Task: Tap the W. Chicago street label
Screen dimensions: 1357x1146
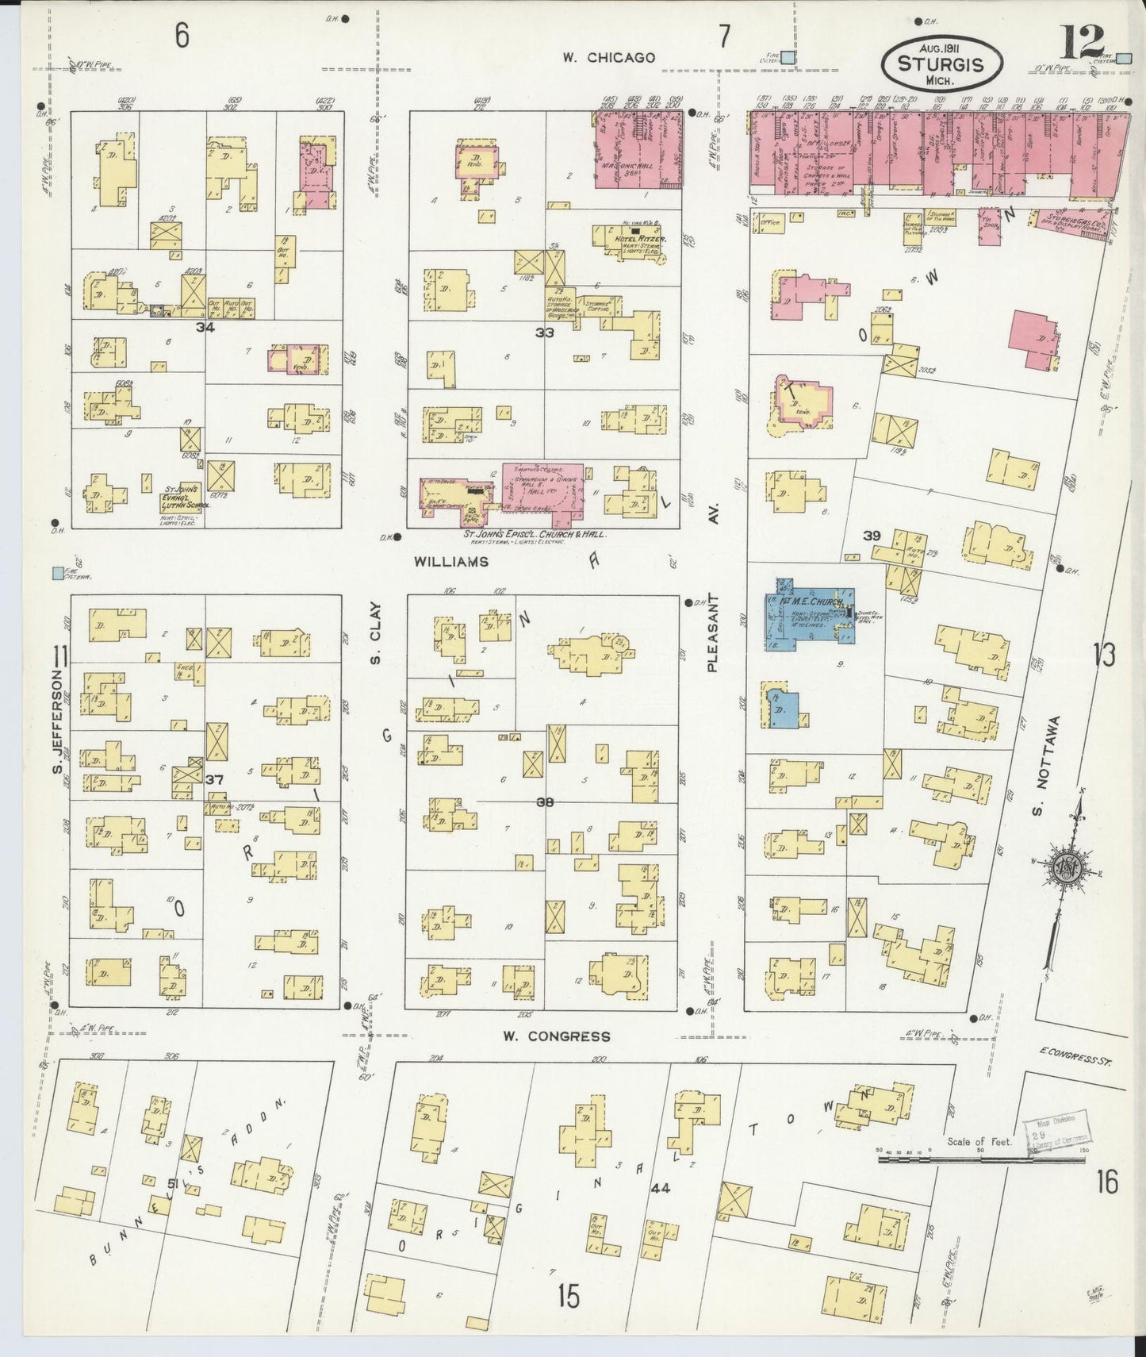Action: point(609,57)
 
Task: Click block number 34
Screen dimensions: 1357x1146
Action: point(206,326)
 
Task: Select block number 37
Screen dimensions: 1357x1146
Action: point(213,780)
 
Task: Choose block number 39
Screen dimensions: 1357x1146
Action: point(872,536)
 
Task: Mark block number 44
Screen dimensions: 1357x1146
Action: point(659,1189)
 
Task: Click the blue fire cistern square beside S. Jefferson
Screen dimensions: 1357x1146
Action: point(57,572)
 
